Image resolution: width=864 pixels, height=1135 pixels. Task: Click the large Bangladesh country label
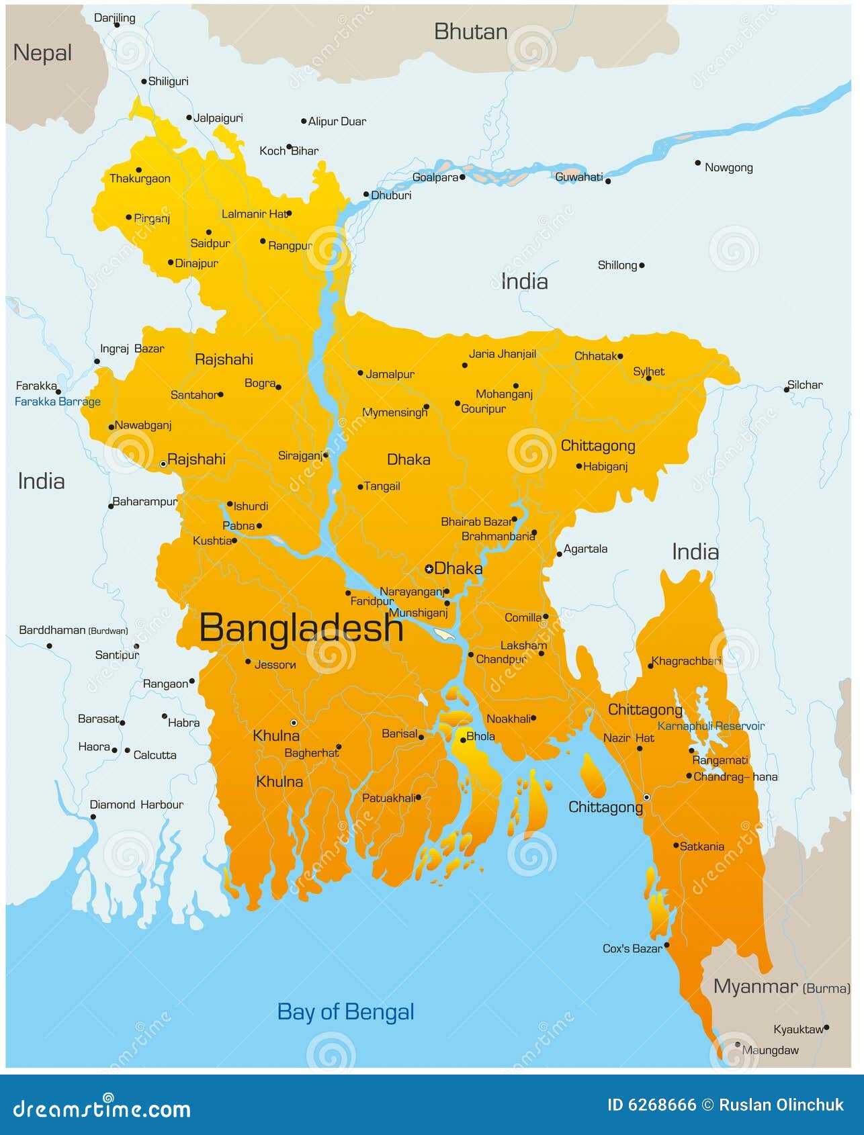tap(301, 629)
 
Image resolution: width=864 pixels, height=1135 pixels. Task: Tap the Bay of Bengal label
tap(345, 1011)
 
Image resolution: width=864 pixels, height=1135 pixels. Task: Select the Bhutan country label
tap(470, 32)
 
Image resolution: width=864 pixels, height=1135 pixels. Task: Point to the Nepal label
tap(42, 53)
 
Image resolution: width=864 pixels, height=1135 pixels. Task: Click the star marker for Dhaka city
tap(429, 569)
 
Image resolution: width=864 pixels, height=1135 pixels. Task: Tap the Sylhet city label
tap(648, 371)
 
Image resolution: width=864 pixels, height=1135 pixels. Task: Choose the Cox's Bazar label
tap(632, 948)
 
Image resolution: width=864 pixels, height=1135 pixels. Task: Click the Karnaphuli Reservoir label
tap(711, 726)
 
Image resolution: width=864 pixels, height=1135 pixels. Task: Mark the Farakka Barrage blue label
tap(58, 402)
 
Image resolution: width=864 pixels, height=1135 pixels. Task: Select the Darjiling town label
tap(114, 18)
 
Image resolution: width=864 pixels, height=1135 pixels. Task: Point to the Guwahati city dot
tap(608, 181)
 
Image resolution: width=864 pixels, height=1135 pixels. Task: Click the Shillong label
tap(617, 265)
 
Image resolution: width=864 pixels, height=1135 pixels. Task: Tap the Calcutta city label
tap(155, 755)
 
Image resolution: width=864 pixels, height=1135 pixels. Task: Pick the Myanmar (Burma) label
tap(781, 987)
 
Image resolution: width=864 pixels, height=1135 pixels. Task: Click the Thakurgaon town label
tap(140, 179)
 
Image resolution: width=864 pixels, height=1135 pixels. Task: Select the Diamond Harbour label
tap(136, 805)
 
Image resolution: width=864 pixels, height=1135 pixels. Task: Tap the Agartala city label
tap(585, 549)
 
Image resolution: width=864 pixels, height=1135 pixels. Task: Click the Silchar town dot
tap(787, 390)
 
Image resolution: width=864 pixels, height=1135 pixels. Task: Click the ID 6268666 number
tap(652, 1105)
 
